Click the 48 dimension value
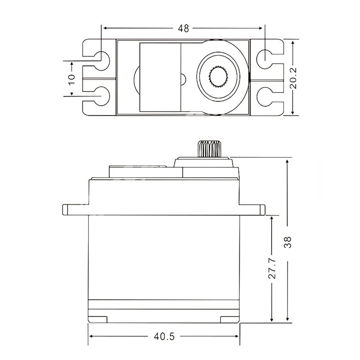click(x=184, y=28)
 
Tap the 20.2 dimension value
click(x=293, y=78)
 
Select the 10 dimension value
click(x=72, y=79)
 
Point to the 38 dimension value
click(x=288, y=242)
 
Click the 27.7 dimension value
click(x=272, y=268)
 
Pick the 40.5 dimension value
click(x=164, y=337)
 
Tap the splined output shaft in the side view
click(x=209, y=149)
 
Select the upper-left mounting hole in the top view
click(x=102, y=61)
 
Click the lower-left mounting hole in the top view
click(x=102, y=96)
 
